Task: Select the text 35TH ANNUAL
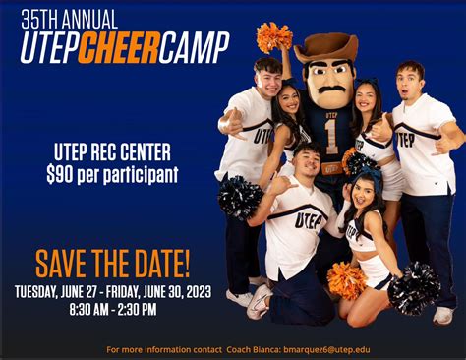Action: click(x=68, y=18)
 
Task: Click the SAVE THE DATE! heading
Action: click(x=113, y=263)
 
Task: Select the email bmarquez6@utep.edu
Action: click(x=324, y=348)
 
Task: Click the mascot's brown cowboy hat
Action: click(x=325, y=47)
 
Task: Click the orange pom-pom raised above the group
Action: click(x=273, y=37)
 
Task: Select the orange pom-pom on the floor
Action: click(x=346, y=279)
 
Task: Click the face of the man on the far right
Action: click(x=409, y=81)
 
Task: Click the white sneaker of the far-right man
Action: click(x=443, y=315)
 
